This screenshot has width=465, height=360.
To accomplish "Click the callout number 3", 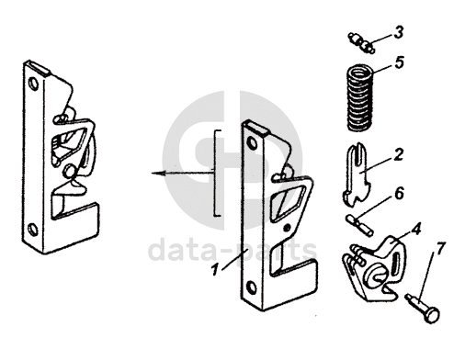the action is tap(398, 33).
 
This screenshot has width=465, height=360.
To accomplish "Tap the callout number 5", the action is tap(399, 62).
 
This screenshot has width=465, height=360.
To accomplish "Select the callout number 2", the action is tap(398, 154).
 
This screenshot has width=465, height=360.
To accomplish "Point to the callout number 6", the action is tap(399, 194).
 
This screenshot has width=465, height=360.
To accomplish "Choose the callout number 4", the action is tap(415, 229).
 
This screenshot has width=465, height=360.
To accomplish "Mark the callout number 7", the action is tap(439, 249).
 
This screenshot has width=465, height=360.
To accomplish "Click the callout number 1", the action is tap(215, 270).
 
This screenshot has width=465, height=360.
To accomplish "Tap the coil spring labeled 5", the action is tap(360, 97).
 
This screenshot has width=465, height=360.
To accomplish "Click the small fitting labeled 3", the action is tap(361, 42).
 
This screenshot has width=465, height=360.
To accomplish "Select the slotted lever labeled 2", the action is tap(357, 174).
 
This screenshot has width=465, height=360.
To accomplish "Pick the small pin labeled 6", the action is tap(359, 225).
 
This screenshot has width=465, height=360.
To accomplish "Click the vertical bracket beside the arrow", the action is tap(216, 174).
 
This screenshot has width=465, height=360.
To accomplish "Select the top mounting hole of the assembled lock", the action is tap(33, 84).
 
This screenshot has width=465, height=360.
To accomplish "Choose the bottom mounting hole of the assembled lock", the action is tap(32, 230).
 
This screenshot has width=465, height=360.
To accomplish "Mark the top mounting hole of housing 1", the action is tap(253, 143).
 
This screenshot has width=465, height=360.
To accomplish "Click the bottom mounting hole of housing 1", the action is tap(252, 287).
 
